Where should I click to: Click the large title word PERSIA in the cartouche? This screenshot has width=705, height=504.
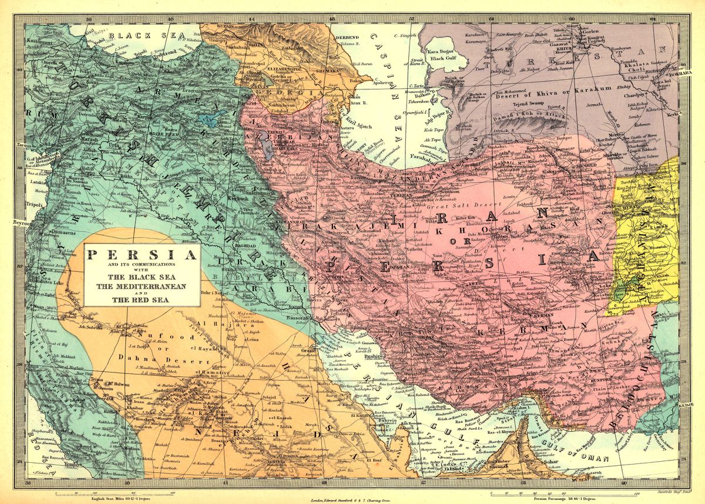142,255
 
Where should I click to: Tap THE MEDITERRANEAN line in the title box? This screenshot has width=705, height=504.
142,286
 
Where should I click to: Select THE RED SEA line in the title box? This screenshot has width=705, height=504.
142,299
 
